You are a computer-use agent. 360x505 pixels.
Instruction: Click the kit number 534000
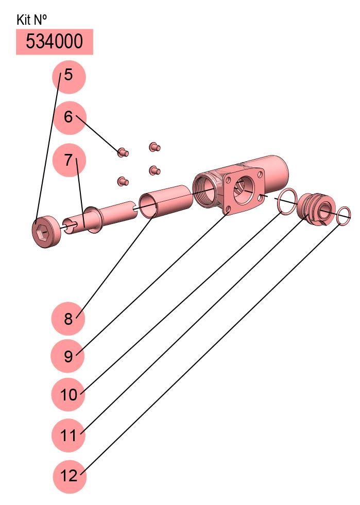pos(54,41)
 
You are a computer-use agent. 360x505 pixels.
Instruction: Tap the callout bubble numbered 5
pos(68,77)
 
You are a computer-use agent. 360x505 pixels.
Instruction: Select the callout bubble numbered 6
pos(70,117)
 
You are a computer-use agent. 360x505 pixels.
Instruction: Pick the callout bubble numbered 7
pos(69,160)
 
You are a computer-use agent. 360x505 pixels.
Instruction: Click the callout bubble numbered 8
pos(68,319)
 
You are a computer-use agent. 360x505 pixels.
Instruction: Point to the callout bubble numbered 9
pos(67,356)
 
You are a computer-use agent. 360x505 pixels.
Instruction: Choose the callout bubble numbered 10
pos(68,394)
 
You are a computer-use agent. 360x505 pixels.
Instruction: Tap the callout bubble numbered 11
pos(68,435)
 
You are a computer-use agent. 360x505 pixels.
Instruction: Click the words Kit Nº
pos(31,20)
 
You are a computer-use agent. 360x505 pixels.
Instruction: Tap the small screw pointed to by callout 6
pos(123,152)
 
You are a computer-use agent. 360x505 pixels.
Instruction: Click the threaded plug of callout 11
pos(316,210)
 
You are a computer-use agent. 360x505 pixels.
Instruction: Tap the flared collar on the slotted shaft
pos(93,220)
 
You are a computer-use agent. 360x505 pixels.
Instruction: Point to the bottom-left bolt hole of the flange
pos(228,213)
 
